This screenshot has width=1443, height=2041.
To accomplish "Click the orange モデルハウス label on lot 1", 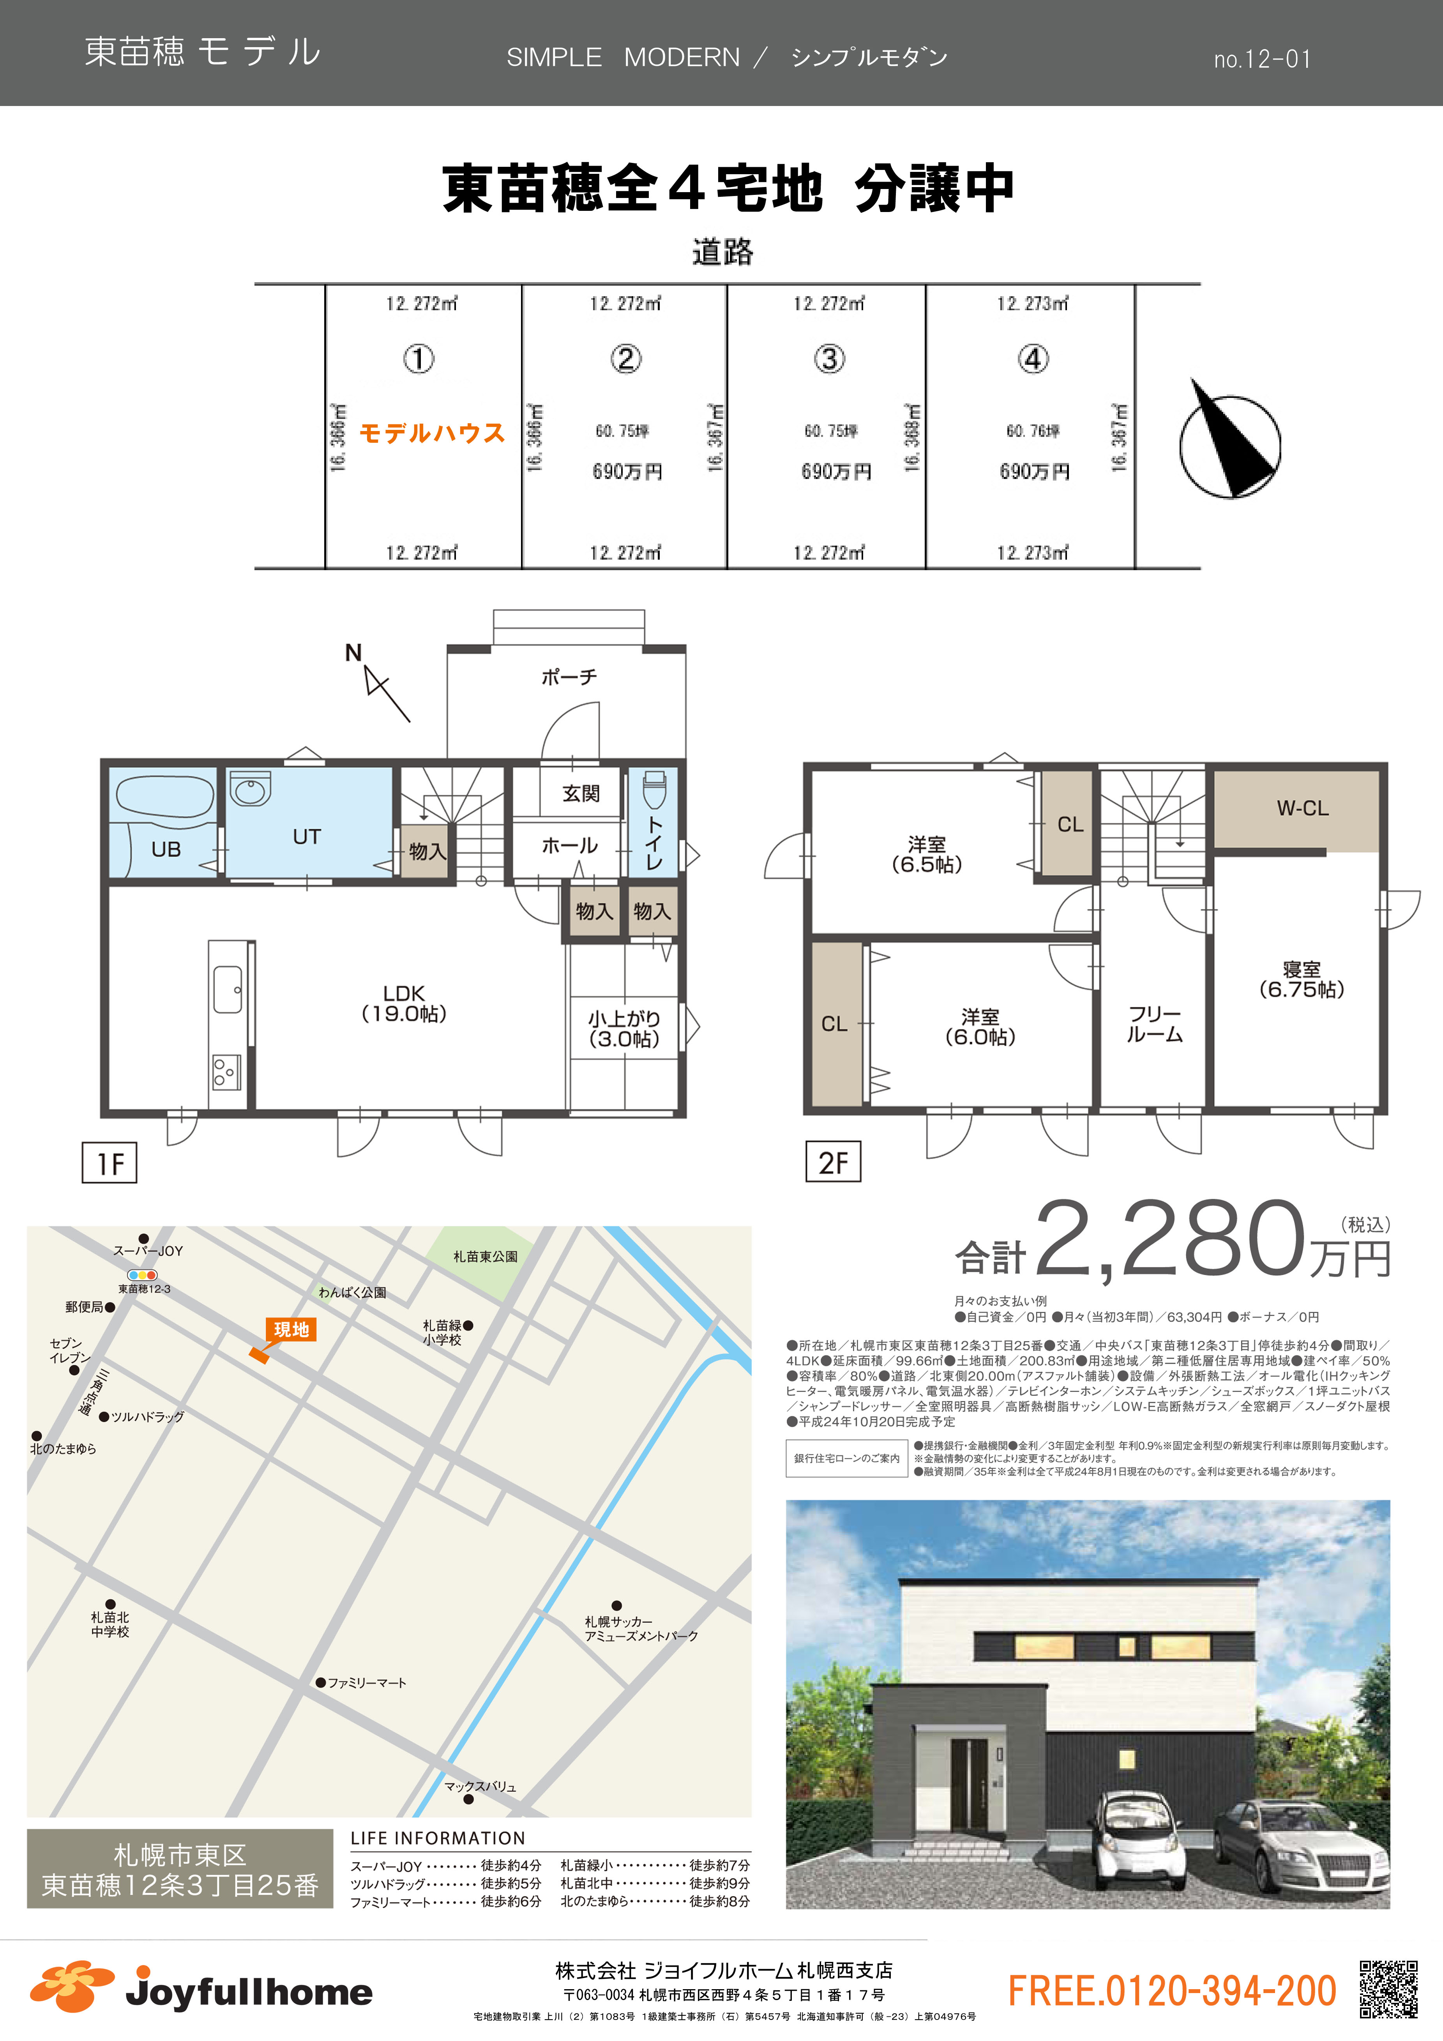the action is [x=432, y=433].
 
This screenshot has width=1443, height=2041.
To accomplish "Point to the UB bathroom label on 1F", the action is [x=166, y=849].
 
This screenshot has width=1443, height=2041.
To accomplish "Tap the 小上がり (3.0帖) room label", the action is [x=624, y=1028].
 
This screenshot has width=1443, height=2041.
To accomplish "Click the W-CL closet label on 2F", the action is [x=1303, y=808].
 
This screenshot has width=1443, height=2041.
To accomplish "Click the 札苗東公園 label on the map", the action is [x=486, y=1256].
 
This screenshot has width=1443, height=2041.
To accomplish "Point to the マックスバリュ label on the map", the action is [x=480, y=1786].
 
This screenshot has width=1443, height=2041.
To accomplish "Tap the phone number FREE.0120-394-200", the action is [x=1172, y=1991].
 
